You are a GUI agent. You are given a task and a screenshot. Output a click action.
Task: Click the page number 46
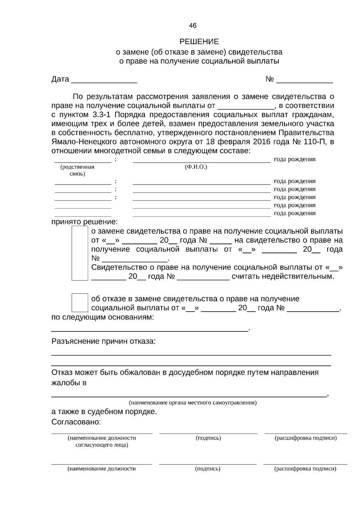[x=193, y=26]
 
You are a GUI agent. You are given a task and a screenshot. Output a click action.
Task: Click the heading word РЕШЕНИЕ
[x=199, y=42]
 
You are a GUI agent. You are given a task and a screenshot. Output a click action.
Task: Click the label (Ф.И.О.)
[x=196, y=167]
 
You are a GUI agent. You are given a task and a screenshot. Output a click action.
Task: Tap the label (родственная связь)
[x=77, y=170]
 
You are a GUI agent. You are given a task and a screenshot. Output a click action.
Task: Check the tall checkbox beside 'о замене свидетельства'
[x=80, y=253]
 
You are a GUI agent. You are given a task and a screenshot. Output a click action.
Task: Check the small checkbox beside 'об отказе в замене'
[x=80, y=303]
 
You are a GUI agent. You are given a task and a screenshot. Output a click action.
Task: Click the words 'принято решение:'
[x=85, y=222]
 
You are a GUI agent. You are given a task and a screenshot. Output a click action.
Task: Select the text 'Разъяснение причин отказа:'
[x=103, y=341]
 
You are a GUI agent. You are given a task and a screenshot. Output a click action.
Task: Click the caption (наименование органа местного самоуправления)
[x=193, y=403]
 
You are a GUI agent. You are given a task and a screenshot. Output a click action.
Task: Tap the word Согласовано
[x=76, y=422]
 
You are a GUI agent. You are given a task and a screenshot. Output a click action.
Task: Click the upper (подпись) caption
[x=208, y=438]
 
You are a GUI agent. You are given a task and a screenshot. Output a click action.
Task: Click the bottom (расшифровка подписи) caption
[x=305, y=469]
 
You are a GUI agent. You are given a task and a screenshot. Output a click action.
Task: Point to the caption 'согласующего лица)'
[x=102, y=445]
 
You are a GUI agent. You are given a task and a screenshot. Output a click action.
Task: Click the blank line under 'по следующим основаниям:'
[x=150, y=330]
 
